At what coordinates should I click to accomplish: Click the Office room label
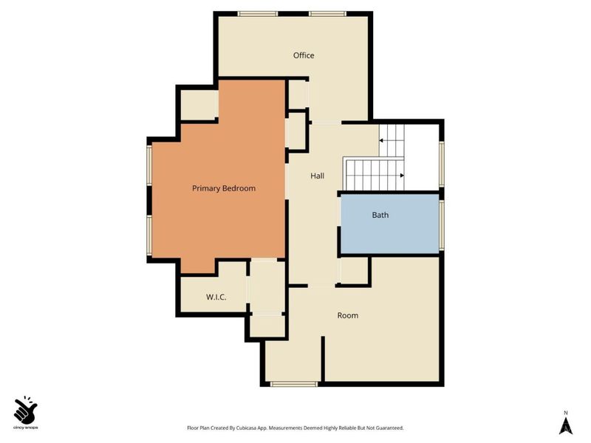coord(304,55)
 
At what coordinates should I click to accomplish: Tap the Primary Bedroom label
coord(223,188)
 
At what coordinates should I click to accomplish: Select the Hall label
coord(318,176)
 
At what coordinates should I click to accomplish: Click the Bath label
coord(380,215)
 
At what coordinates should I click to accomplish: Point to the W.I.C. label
coord(216,297)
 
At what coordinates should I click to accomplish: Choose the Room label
coord(347,315)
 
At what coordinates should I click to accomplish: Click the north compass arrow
coord(565,425)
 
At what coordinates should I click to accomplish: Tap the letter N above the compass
coord(565,412)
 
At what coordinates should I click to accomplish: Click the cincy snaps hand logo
coord(26,408)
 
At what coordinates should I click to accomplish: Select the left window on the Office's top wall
coord(257,13)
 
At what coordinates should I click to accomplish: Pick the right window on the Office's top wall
coord(327,13)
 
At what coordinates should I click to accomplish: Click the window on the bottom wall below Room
coord(294,383)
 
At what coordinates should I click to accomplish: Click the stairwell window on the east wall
coord(442,164)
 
